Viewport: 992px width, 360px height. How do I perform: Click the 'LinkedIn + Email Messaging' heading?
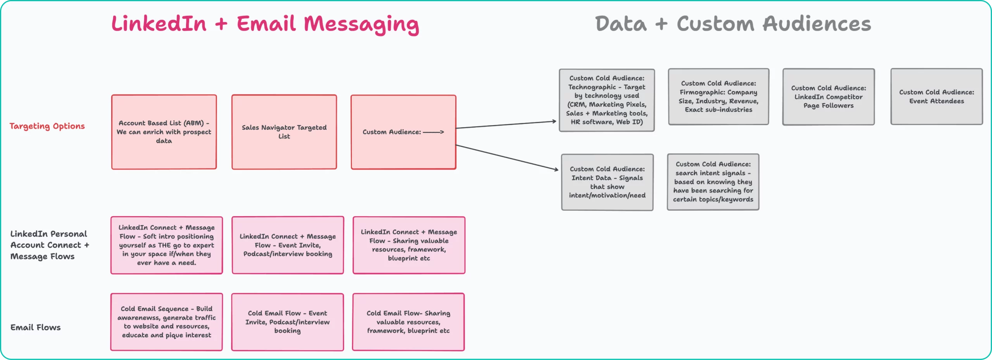(x=265, y=24)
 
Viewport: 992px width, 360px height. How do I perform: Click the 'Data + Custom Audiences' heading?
(x=733, y=24)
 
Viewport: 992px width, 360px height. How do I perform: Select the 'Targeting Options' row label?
(x=47, y=126)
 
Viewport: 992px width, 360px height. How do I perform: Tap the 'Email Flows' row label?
(x=36, y=327)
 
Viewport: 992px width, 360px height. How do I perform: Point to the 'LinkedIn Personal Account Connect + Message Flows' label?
(x=50, y=245)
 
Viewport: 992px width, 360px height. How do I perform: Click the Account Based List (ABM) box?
(x=164, y=132)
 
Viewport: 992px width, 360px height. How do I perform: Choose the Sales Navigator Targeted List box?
(x=284, y=132)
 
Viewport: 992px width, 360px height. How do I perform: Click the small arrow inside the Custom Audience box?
(x=434, y=132)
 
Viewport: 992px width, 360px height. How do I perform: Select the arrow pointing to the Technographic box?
(x=506, y=124)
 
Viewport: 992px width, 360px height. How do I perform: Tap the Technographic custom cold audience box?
(x=607, y=100)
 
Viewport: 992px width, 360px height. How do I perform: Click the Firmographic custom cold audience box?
(x=718, y=96)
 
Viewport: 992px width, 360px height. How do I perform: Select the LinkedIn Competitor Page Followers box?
(x=828, y=97)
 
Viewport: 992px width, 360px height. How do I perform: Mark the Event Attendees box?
(x=937, y=96)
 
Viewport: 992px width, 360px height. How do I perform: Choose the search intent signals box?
(x=713, y=182)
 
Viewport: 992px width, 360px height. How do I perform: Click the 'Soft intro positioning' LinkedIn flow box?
(x=167, y=245)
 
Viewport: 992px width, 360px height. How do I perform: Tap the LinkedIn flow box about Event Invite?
(x=288, y=245)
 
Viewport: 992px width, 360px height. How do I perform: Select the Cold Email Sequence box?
(x=167, y=322)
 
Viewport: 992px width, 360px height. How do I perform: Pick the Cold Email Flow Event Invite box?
(x=288, y=322)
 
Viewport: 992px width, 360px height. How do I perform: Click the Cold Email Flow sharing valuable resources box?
(x=408, y=322)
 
